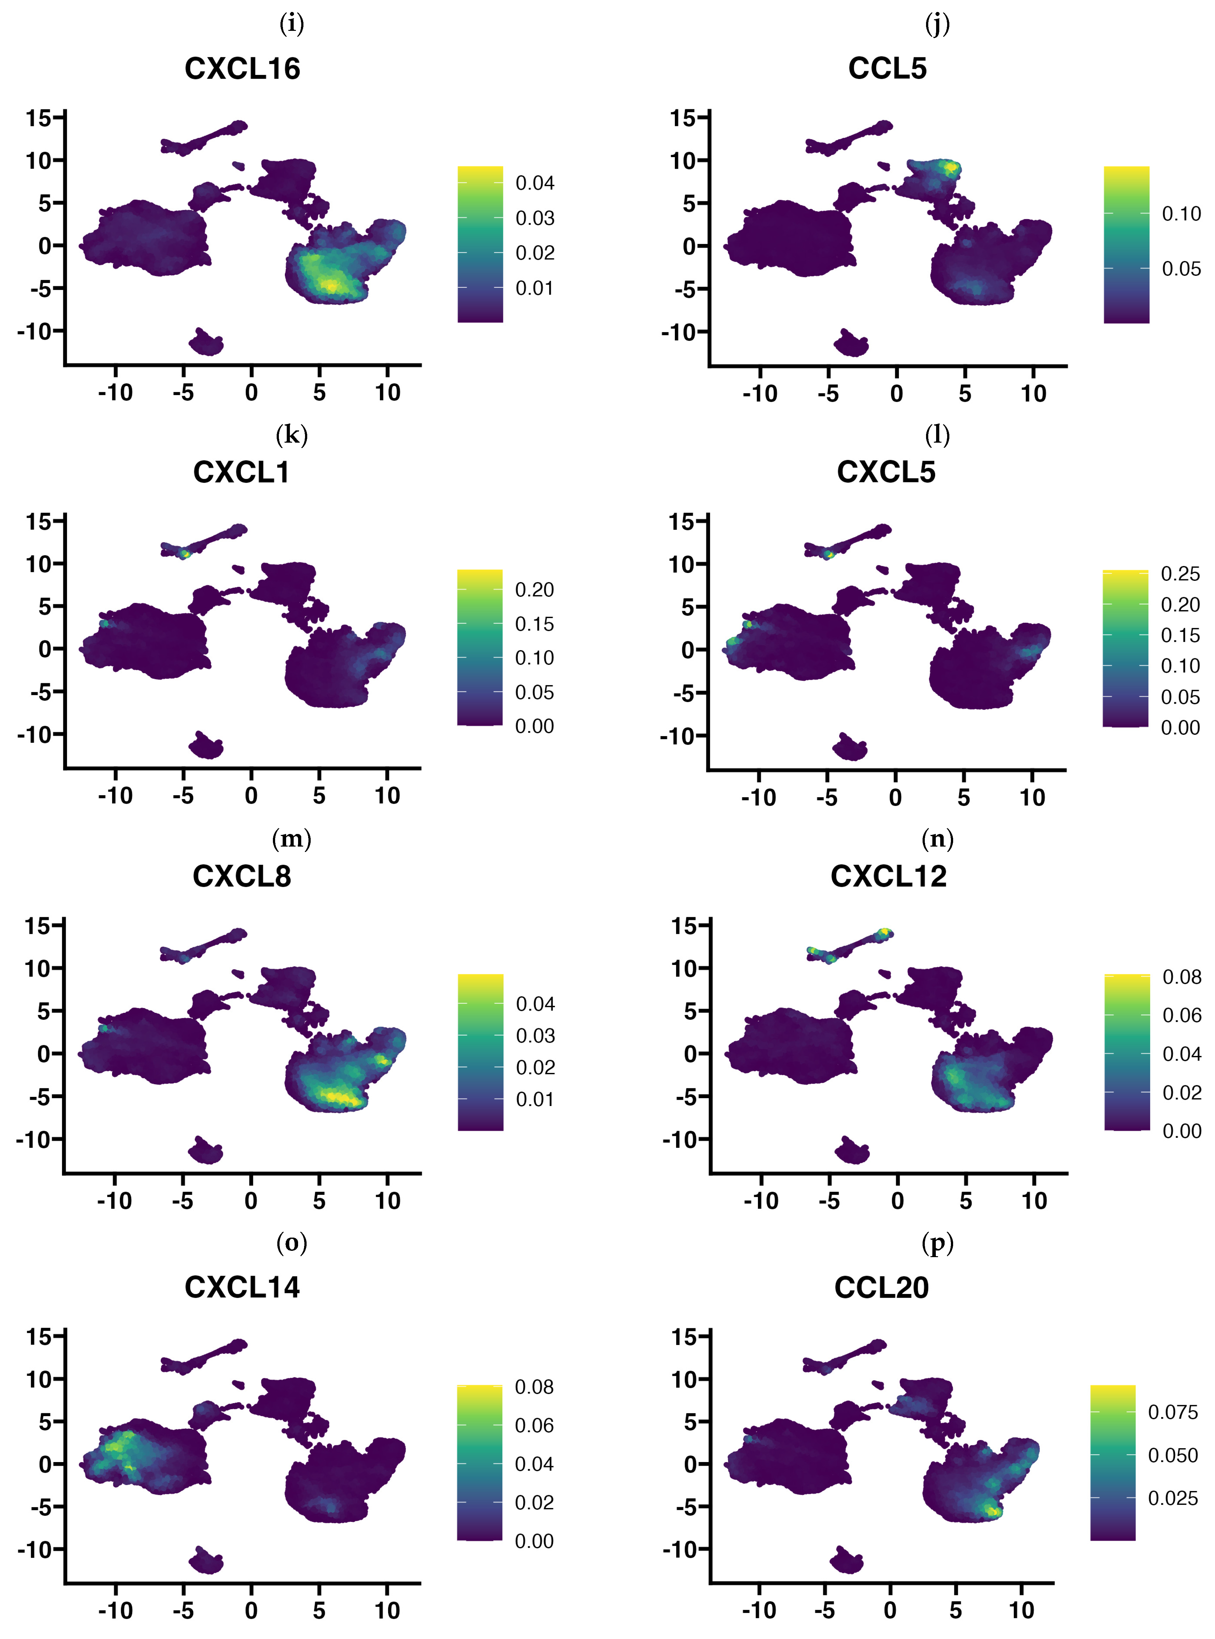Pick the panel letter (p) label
tap(937, 1243)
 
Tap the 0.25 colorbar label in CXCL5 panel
tap(1180, 574)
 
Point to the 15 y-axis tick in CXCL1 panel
tap(38, 522)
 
